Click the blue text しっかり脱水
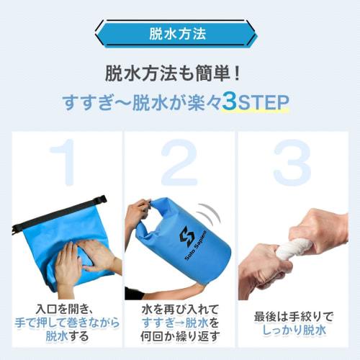tap(294, 330)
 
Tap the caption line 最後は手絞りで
tap(294, 316)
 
